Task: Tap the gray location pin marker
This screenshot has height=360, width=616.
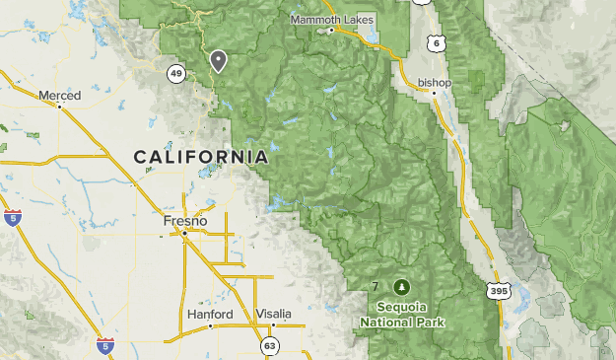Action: tap(218, 61)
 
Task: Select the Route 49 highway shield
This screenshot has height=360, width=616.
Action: tap(176, 74)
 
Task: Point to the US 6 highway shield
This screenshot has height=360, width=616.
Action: tap(436, 44)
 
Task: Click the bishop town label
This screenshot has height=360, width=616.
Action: tap(435, 82)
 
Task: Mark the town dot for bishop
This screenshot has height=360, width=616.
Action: tap(433, 93)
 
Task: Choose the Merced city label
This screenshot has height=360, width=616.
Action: tap(59, 96)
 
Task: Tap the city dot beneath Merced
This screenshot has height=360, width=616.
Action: tap(60, 107)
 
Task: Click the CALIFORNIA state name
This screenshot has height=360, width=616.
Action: tap(200, 157)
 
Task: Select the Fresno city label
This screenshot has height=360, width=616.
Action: tap(185, 222)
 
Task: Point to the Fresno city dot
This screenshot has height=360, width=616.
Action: tap(184, 234)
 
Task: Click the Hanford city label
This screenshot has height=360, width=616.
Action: tap(210, 314)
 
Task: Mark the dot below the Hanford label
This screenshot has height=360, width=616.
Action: tap(210, 325)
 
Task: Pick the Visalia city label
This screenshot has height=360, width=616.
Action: tap(274, 314)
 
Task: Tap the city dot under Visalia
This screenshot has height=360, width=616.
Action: tap(275, 324)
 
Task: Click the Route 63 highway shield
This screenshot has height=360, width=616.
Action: tap(269, 345)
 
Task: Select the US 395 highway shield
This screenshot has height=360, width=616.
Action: tap(500, 290)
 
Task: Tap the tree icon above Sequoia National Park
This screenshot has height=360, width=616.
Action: tap(402, 287)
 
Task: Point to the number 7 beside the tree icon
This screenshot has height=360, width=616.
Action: tap(376, 287)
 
